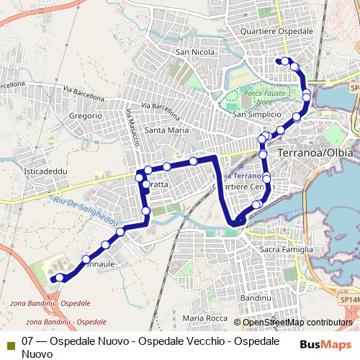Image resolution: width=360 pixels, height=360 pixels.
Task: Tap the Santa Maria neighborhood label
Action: coord(166,130)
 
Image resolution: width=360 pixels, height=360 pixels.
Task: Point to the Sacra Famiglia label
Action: coord(286,248)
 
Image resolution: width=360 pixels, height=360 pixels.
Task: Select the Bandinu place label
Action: coord(254,297)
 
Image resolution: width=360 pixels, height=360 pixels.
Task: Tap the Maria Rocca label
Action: coord(204,318)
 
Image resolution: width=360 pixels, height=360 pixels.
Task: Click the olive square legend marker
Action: coord(9,344)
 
